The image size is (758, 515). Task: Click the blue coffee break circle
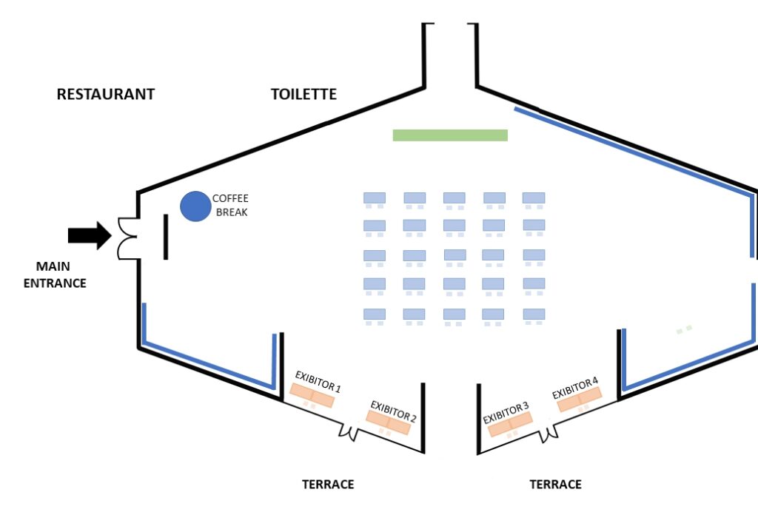coord(195,206)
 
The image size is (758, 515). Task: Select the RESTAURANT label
coord(106,94)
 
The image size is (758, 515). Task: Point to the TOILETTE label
coord(303,94)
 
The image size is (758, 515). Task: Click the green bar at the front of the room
coord(450,135)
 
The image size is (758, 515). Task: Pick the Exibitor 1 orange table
coord(312,394)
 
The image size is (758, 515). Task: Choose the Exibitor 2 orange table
coord(389,422)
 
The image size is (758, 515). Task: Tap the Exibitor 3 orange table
coord(511,423)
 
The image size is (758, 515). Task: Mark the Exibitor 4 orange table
coord(580,399)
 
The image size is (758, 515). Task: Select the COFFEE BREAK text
coord(230,205)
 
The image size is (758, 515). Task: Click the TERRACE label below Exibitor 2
coord(328,485)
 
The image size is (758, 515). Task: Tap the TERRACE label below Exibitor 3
coord(555,485)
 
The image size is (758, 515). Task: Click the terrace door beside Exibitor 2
coord(349,431)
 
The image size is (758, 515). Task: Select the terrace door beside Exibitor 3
coord(549,431)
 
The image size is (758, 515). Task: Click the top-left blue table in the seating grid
coord(375,198)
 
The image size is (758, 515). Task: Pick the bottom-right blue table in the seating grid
coord(534,314)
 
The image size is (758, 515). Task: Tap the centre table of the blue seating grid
coord(455,255)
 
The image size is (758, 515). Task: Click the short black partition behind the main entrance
coord(166,237)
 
